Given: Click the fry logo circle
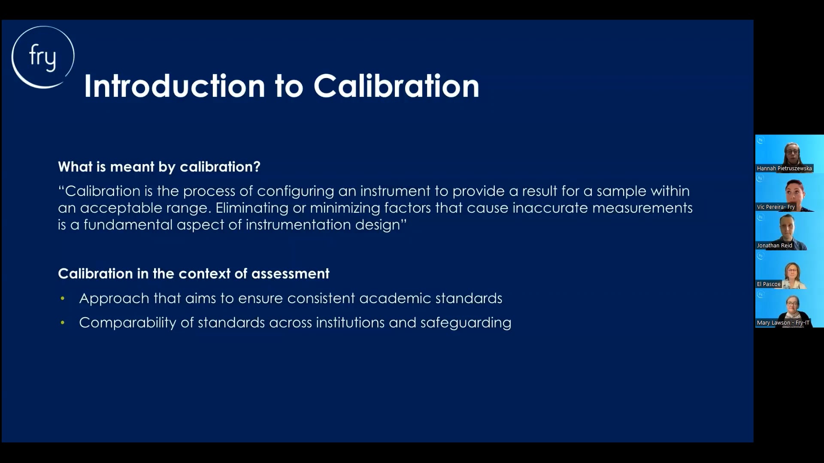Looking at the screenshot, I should tap(42, 57).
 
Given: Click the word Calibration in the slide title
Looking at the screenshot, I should tap(396, 86).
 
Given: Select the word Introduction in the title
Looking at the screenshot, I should tap(175, 86).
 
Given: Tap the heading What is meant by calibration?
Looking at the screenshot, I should tap(159, 167).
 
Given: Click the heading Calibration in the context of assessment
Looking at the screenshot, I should tap(194, 274).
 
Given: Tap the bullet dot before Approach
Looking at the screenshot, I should tap(63, 298).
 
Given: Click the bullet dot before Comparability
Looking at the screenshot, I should tap(63, 323).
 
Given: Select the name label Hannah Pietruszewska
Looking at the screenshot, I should tap(784, 168).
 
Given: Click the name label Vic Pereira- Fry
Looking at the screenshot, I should tap(776, 207).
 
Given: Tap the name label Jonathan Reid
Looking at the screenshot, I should tap(774, 246).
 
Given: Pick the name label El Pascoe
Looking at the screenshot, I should tap(769, 284).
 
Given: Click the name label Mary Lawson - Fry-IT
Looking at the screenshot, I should tap(783, 323).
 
